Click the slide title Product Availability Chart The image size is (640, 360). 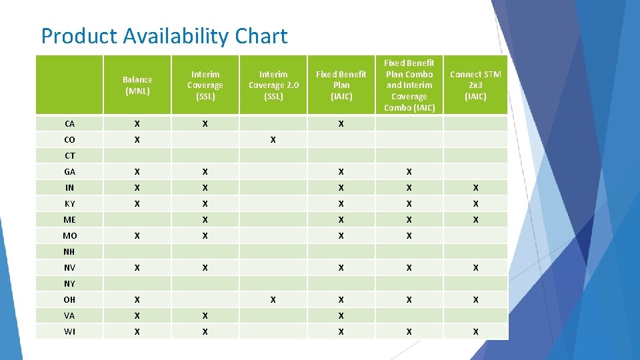tap(164, 36)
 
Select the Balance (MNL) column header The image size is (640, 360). tap(137, 85)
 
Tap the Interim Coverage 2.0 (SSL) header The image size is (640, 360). tap(273, 85)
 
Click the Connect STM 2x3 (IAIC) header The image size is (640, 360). tap(475, 85)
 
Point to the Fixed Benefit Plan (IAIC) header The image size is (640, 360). tap(341, 85)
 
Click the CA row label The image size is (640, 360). tap(70, 124)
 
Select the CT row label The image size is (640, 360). tap(70, 156)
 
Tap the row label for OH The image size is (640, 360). tap(70, 300)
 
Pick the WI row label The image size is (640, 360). tap(70, 332)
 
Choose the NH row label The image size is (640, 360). tap(69, 252)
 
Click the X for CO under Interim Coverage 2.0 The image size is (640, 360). tap(273, 140)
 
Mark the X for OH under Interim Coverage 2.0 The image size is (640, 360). tap(273, 300)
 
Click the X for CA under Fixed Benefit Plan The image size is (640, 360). tap(341, 124)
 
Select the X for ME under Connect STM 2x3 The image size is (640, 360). tap(475, 220)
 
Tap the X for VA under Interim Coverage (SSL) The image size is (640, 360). tap(205, 316)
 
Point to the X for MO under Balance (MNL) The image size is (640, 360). tap(137, 236)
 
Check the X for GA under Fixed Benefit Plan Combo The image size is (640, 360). tap(409, 172)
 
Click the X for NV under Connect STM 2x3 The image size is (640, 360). tap(475, 268)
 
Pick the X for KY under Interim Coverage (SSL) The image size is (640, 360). tap(205, 204)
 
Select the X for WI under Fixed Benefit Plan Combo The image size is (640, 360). tap(409, 332)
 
